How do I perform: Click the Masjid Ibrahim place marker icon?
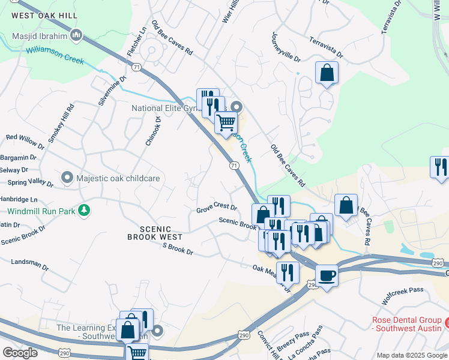[x=76, y=36]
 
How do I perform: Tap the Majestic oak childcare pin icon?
[x=67, y=178]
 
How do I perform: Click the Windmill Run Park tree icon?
[x=85, y=211]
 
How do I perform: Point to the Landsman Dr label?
[x=30, y=263]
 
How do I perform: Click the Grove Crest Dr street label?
[x=217, y=208]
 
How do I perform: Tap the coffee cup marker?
[x=327, y=275]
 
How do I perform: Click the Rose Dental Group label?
[x=406, y=324]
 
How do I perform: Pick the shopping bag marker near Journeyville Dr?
[x=327, y=73]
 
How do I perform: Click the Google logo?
[x=20, y=353]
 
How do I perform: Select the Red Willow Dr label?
[x=25, y=142]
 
